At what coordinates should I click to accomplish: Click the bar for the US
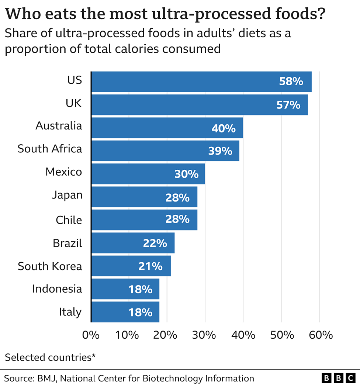pos(201,82)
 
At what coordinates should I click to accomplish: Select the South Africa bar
pos(165,151)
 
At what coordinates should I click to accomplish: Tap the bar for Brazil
pos(132,243)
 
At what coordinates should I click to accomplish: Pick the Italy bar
pos(125,312)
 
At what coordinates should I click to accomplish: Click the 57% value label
pos(288,105)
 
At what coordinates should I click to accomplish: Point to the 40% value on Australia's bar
pos(224,128)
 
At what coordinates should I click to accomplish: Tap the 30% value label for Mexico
pos(186,174)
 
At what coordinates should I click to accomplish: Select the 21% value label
pos(150,266)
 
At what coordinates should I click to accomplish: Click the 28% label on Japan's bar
pos(177,197)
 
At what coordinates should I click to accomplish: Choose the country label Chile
pos(69,220)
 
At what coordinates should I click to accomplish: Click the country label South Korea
pos(50,266)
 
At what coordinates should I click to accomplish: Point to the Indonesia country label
pos(57,288)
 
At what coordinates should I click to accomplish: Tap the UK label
pos(73,103)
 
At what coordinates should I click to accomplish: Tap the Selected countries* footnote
pos(50,357)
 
